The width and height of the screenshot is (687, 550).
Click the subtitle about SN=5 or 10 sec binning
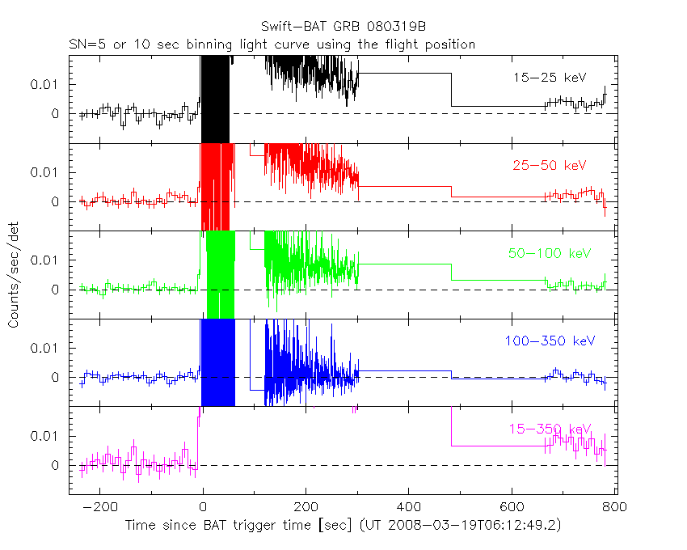(x=271, y=44)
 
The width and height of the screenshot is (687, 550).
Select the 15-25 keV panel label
(x=549, y=77)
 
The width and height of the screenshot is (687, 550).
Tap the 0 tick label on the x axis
(x=203, y=507)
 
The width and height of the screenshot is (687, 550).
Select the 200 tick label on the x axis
(x=306, y=507)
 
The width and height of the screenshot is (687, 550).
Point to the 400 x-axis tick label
(x=409, y=507)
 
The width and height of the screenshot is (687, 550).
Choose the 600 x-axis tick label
(x=512, y=507)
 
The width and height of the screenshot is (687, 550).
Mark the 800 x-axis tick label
(x=614, y=507)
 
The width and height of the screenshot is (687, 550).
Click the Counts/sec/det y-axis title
(x=14, y=276)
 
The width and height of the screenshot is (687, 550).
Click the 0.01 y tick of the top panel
(x=45, y=84)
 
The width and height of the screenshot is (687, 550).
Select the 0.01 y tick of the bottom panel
(x=45, y=436)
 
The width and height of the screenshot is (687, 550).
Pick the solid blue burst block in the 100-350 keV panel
(x=217, y=362)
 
